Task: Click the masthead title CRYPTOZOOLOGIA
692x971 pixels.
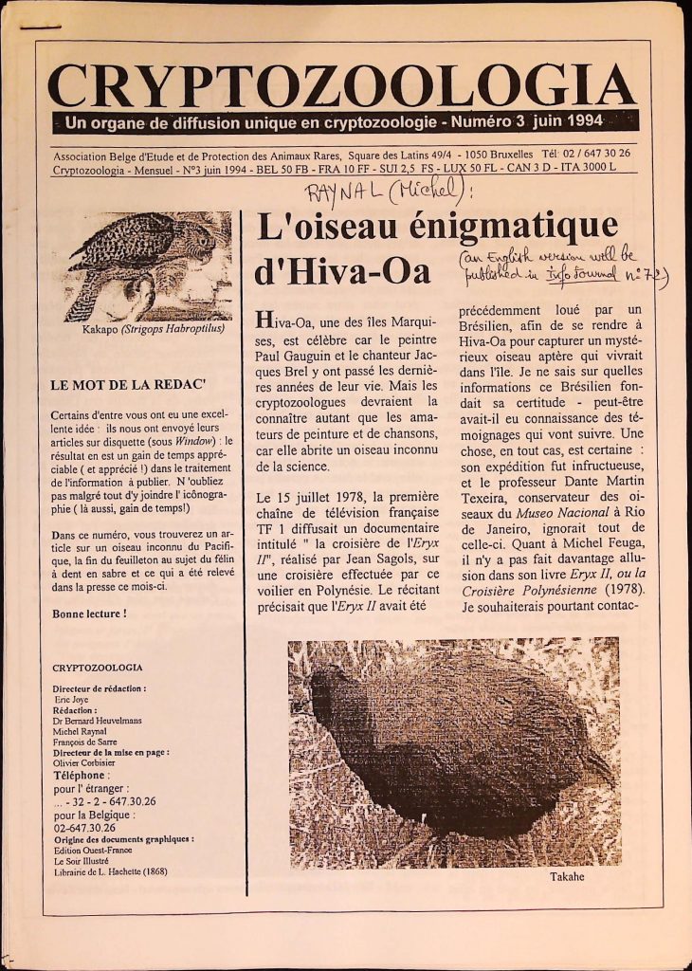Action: pyautogui.click(x=341, y=87)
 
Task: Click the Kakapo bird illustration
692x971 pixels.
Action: pyautogui.click(x=148, y=266)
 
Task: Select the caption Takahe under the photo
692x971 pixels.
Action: pyautogui.click(x=567, y=877)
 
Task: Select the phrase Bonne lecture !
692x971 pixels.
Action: pyautogui.click(x=90, y=614)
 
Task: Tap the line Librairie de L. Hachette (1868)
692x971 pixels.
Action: pyautogui.click(x=110, y=872)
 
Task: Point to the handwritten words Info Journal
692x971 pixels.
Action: pyautogui.click(x=581, y=276)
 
